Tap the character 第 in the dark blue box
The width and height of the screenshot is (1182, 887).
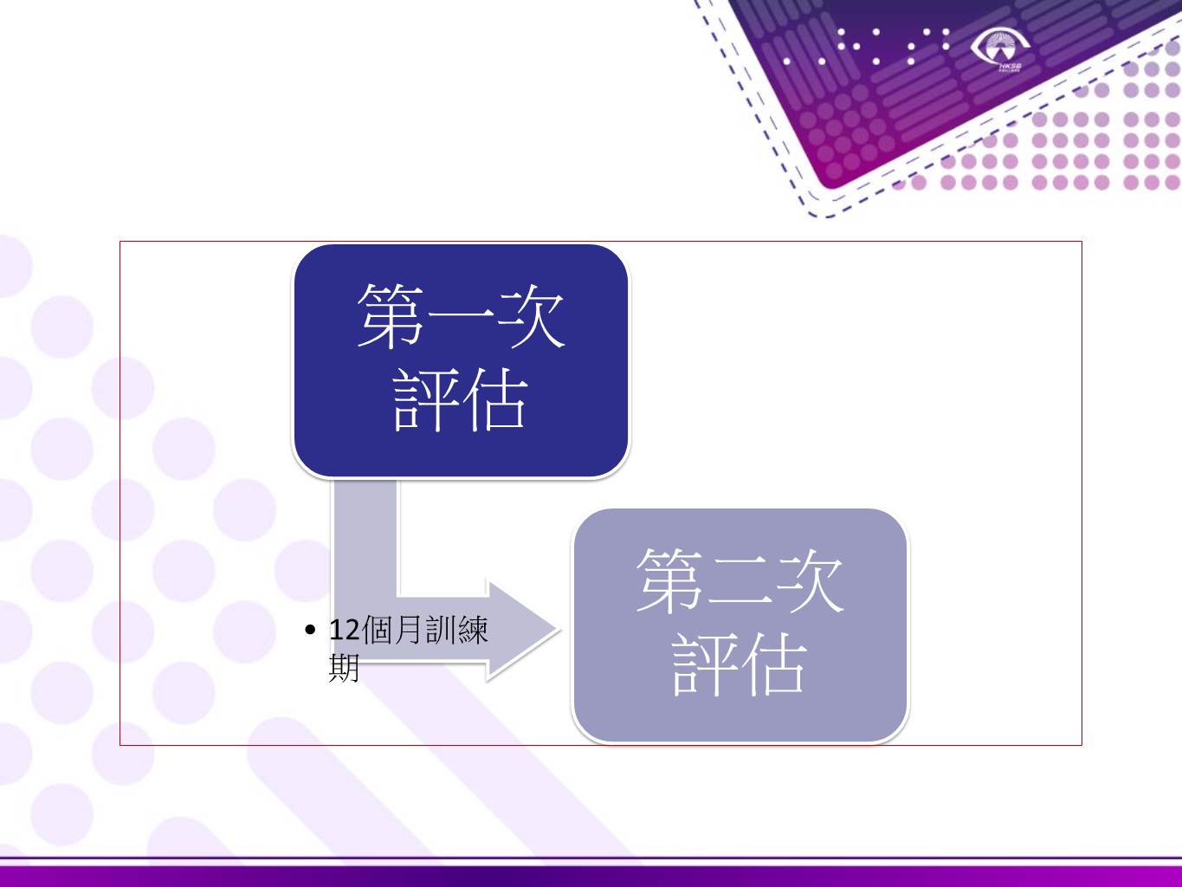pyautogui.click(x=390, y=316)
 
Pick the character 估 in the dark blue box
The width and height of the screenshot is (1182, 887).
pyautogui.click(x=495, y=400)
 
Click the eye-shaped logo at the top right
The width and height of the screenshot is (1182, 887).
pyautogui.click(x=1001, y=47)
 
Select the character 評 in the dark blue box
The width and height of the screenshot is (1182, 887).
pyautogui.click(x=424, y=400)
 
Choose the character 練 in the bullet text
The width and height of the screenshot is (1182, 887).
pyautogui.click(x=474, y=631)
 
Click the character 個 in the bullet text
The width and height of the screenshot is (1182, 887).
pyautogui.click(x=377, y=631)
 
